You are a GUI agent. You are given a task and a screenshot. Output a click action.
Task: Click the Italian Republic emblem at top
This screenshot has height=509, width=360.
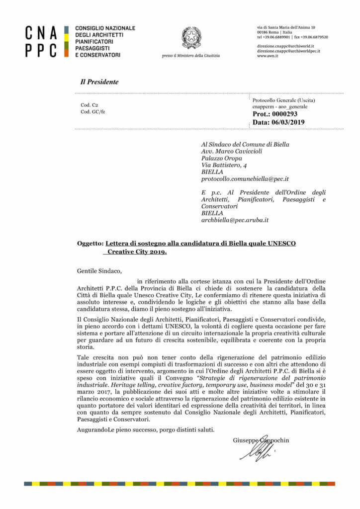click(191, 38)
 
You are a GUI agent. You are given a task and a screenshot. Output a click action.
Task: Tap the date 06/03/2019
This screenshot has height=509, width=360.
click(289, 122)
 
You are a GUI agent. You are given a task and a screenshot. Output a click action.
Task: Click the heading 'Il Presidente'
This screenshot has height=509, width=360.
click(99, 82)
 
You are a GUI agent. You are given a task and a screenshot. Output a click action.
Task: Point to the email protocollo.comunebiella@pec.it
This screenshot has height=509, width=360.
click(245, 178)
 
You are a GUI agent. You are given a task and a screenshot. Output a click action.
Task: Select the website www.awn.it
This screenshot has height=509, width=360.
click(268, 56)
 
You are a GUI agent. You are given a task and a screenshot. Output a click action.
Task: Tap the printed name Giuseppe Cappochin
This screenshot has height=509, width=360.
click(261, 440)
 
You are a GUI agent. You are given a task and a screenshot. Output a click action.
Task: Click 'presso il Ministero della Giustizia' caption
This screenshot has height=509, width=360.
click(191, 56)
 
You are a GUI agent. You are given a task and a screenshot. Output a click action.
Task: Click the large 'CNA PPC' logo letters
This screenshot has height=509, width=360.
click(42, 42)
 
